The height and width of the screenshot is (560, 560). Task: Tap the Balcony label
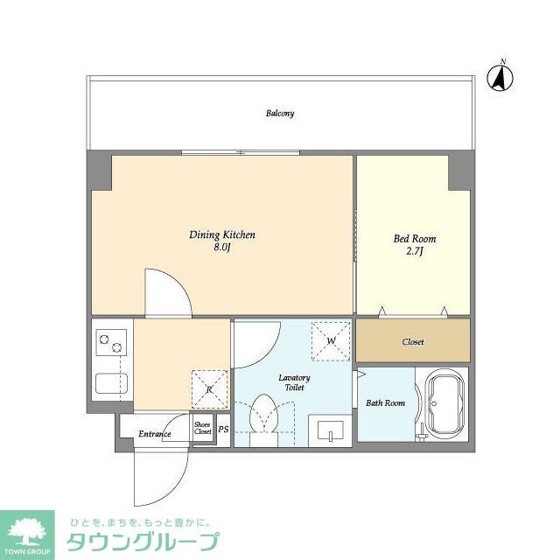click(280, 113)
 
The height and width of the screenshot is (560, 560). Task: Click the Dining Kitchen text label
click(222, 234)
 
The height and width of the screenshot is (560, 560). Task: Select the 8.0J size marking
click(222, 248)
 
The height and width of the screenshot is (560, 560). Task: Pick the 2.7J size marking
click(414, 251)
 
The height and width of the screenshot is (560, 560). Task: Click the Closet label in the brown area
click(413, 341)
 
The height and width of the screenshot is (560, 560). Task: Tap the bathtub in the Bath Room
click(444, 404)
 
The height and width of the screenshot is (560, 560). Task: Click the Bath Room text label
click(385, 402)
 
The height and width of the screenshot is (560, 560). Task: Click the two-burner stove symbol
click(109, 344)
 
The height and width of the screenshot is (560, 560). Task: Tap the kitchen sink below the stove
click(111, 384)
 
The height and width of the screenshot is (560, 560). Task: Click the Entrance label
click(154, 433)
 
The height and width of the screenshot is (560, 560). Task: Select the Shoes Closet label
click(203, 428)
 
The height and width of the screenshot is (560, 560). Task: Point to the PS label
click(223, 430)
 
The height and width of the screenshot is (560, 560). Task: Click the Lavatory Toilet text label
click(294, 382)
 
